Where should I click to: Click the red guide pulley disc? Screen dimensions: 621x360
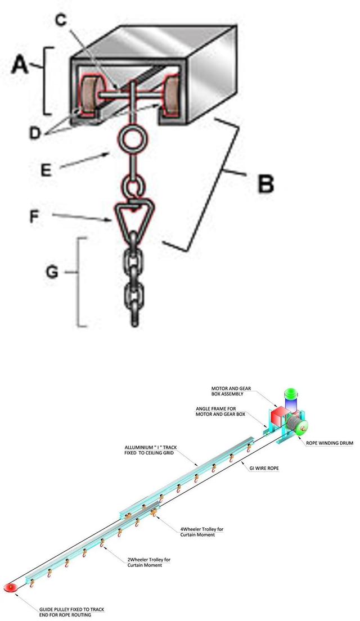tap(11, 587)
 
